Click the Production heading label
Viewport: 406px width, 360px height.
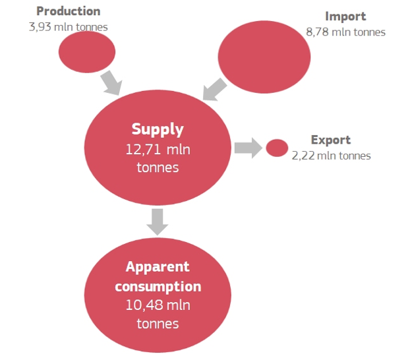(68, 11)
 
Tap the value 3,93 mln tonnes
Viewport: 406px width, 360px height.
(68, 28)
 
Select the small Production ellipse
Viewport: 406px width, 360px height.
(87, 52)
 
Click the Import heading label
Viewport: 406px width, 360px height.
(345, 16)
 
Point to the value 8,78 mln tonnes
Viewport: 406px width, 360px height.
(345, 32)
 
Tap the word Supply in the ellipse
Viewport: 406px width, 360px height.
(158, 129)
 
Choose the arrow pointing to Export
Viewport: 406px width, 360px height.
(247, 148)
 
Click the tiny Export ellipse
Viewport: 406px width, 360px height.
(277, 148)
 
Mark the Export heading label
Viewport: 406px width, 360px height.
(330, 140)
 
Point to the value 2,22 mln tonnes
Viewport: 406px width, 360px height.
(331, 156)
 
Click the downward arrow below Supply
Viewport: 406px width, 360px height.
(158, 221)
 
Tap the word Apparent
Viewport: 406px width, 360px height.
(158, 267)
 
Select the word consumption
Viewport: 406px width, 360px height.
(158, 287)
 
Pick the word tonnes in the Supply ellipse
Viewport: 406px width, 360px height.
(158, 167)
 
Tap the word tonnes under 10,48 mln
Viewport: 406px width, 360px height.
(158, 324)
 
